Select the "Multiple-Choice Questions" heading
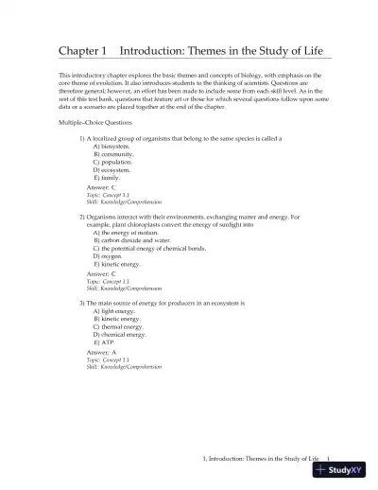coord(95,123)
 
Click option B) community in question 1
coord(113,154)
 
